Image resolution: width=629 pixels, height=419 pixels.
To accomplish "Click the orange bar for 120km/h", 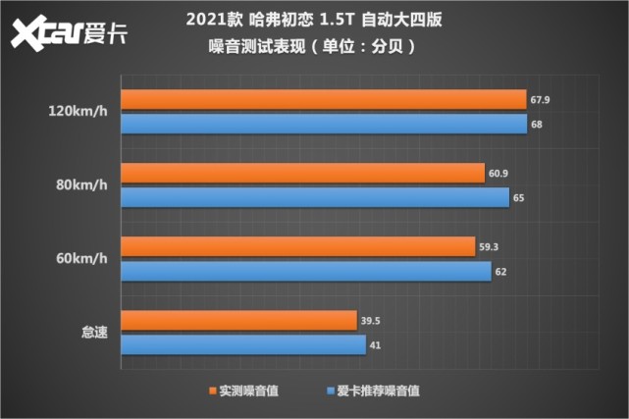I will pos(323,99).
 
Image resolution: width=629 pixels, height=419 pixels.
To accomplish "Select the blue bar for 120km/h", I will pos(323,124).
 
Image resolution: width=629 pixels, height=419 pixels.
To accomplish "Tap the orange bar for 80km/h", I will pos(301,173).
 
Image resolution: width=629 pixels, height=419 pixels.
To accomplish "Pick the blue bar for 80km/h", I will pos(314,197).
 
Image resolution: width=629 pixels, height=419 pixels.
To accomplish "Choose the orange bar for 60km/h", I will pos(296,246).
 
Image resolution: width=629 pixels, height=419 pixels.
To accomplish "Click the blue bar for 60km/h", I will pos(305,271).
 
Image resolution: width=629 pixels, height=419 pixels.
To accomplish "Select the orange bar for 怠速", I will pos(237,320).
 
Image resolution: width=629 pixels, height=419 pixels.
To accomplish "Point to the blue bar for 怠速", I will pos(242,344).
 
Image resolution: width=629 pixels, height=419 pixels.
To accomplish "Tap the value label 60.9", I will pos(499,173).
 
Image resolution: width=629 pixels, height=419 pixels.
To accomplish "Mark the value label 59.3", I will pos(490,246).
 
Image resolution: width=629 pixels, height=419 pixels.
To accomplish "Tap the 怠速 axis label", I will pos(94,333).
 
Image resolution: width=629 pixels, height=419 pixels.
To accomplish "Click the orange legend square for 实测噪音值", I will pos(213,390).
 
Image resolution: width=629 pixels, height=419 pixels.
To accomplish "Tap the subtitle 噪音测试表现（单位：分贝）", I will pos(314,46).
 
